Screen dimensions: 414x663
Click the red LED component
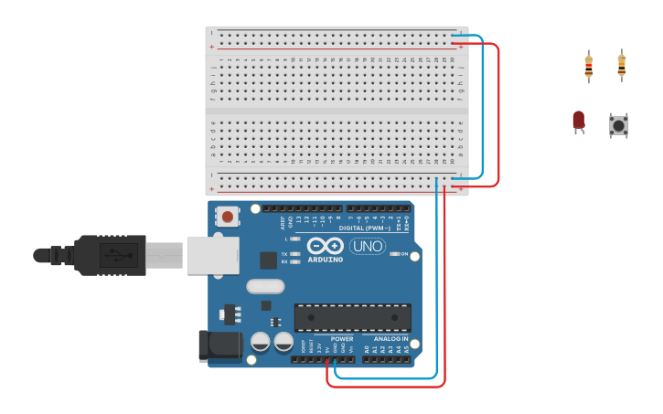tap(578, 120)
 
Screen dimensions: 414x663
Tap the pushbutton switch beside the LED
tap(619, 125)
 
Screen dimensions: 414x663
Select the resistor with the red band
tap(588, 66)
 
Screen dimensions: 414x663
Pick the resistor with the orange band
tap(622, 65)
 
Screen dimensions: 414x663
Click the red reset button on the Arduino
tap(227, 217)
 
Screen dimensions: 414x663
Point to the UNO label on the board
tap(368, 246)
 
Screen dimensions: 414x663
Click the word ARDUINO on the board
tap(326, 259)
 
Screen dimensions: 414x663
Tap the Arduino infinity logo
tap(325, 245)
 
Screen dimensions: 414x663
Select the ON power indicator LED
tap(394, 254)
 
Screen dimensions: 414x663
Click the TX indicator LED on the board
tap(294, 253)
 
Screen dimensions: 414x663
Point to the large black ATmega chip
tap(352, 317)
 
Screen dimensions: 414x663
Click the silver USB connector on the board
tap(213, 256)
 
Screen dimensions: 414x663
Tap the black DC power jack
tap(220, 345)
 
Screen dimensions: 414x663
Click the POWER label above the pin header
tap(342, 338)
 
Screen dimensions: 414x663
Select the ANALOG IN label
tap(391, 338)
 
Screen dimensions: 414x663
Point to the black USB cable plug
tap(110, 256)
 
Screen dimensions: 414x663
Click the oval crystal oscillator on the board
tap(265, 286)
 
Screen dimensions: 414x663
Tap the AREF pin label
tap(283, 220)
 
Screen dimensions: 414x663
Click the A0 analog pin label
tap(367, 349)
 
